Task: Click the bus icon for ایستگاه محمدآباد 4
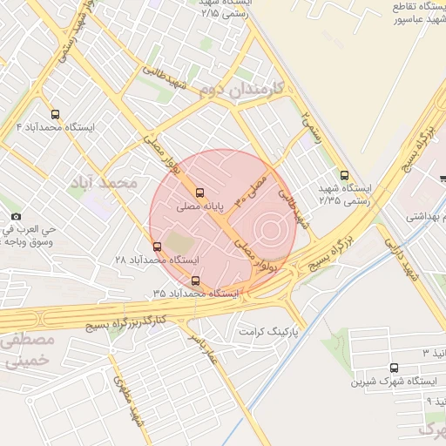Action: coord(56,114)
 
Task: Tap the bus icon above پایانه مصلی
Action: coord(200,193)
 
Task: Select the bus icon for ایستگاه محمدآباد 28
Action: coord(157,247)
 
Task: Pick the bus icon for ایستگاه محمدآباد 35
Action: coord(194,280)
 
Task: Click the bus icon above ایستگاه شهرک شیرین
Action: coord(395,368)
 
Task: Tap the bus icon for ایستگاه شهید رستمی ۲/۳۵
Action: coord(344,174)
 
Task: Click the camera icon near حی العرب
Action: coord(16,216)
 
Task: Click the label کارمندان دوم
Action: coord(236,88)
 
